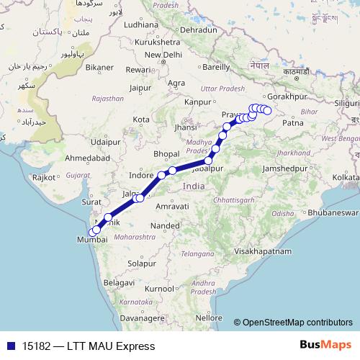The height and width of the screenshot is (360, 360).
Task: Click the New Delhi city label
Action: pyautogui.click(x=163, y=55)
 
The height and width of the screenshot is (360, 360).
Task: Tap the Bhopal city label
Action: pyautogui.click(x=166, y=154)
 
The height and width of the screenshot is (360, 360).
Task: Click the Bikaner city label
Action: pyautogui.click(x=99, y=68)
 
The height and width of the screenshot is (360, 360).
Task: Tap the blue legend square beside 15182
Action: pyautogui.click(x=8, y=346)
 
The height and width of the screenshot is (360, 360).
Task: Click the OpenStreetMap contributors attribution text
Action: pyautogui.click(x=298, y=322)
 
